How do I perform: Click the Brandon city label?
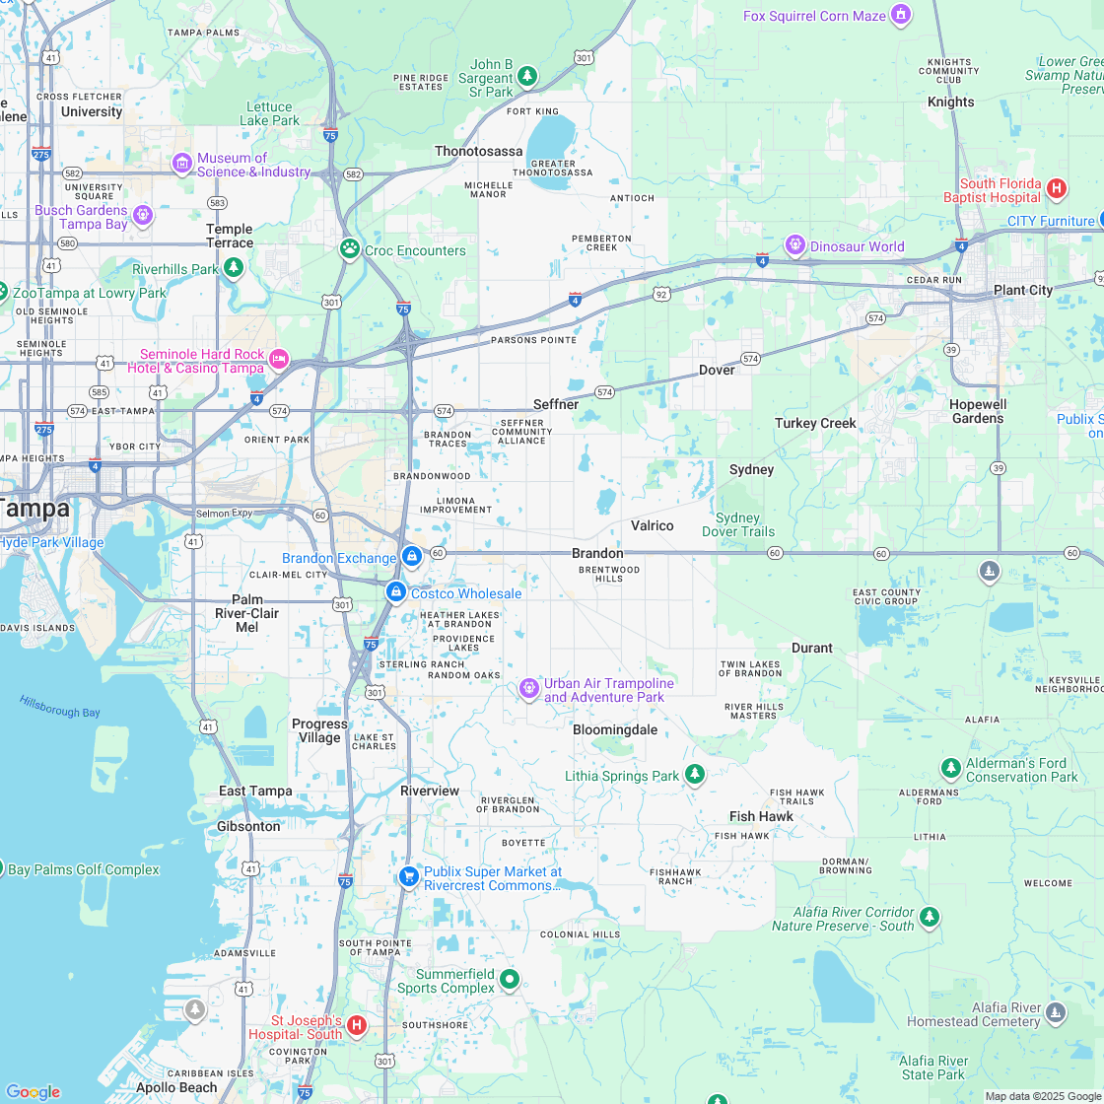pos(597,553)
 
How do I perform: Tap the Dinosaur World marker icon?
pos(795,244)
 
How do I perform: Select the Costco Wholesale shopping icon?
pos(395,591)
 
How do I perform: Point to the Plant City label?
pos(1022,290)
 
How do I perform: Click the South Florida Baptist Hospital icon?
pos(1057,187)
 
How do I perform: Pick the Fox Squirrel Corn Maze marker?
pos(899,15)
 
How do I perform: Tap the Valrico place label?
pos(652,525)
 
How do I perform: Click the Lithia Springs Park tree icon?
pos(695,775)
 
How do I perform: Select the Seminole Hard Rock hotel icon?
pos(279,359)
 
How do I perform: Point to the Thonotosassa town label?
pos(479,151)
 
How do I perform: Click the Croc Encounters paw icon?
pos(349,248)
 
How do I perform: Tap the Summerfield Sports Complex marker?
pos(510,979)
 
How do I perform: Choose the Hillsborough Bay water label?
pos(60,706)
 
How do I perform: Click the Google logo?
pos(33,1091)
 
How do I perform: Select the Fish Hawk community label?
pos(762,816)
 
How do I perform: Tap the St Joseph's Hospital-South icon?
pos(357,1025)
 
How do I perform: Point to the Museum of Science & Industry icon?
pos(182,163)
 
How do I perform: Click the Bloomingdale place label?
pos(615,729)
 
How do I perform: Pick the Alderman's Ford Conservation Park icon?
pos(950,767)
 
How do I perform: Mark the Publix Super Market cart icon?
pos(408,876)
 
